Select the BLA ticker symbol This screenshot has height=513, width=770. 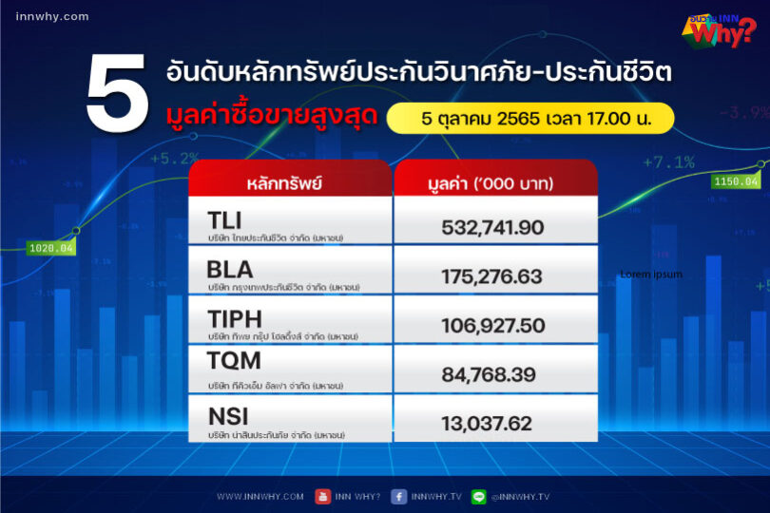tap(229, 270)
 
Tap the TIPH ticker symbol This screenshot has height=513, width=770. tap(234, 319)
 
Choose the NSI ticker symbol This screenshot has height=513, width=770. tap(227, 417)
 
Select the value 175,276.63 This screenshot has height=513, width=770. tap(491, 276)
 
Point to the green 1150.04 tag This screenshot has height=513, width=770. tap(737, 180)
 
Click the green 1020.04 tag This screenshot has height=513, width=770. tap(51, 249)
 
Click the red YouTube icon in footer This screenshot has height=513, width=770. tap(322, 496)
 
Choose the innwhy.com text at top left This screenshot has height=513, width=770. tap(52, 16)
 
